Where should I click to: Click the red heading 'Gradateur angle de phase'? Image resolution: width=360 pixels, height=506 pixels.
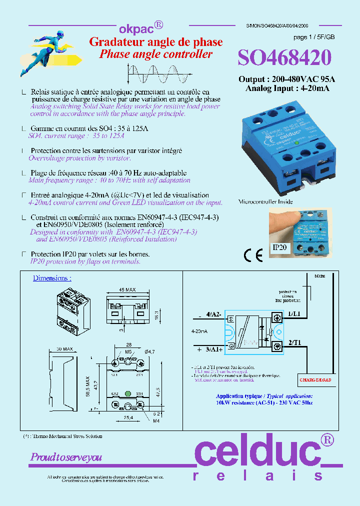pyautogui.click(x=155, y=42)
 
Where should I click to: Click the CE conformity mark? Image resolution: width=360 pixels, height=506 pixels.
pyautogui.click(x=253, y=255)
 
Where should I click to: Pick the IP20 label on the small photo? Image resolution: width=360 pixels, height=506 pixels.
pyautogui.click(x=280, y=247)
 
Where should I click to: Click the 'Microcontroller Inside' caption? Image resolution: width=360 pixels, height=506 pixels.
pyautogui.click(x=265, y=201)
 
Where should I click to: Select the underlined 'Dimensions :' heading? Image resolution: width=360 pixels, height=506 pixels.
pyautogui.click(x=52, y=278)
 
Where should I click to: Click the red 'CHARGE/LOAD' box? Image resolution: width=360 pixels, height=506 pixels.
pyautogui.click(x=315, y=380)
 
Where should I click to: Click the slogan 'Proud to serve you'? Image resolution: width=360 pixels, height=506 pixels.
pyautogui.click(x=66, y=457)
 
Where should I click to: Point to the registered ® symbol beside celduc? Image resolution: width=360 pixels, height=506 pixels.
pyautogui.click(x=327, y=440)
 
